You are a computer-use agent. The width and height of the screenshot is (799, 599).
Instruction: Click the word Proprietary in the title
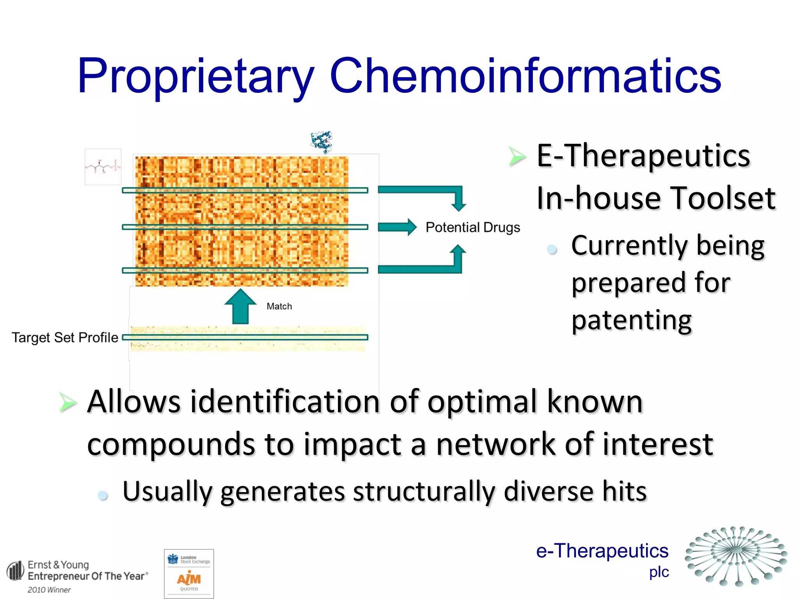click(195, 76)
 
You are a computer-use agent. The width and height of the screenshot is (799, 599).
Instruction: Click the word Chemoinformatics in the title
click(525, 76)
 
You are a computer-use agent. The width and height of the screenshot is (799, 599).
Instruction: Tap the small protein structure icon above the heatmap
click(321, 142)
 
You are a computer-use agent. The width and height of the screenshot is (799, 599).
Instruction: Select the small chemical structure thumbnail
click(103, 167)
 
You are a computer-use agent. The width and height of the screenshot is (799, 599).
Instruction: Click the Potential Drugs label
click(472, 227)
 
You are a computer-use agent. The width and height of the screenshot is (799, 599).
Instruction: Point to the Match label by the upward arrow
click(279, 307)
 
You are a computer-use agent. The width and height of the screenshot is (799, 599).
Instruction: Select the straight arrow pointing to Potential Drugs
click(397, 227)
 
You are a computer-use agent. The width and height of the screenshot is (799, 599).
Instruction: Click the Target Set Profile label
click(65, 338)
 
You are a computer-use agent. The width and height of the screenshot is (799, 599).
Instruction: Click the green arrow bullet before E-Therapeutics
click(517, 157)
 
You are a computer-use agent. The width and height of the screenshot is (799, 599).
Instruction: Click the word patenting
click(631, 321)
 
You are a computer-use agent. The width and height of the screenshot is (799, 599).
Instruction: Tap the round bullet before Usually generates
click(103, 495)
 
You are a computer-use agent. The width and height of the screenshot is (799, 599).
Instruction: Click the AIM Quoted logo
click(189, 574)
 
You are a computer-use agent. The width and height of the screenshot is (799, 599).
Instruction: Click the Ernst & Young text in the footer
click(59, 565)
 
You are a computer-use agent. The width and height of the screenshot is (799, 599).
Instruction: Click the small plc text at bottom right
click(659, 572)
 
